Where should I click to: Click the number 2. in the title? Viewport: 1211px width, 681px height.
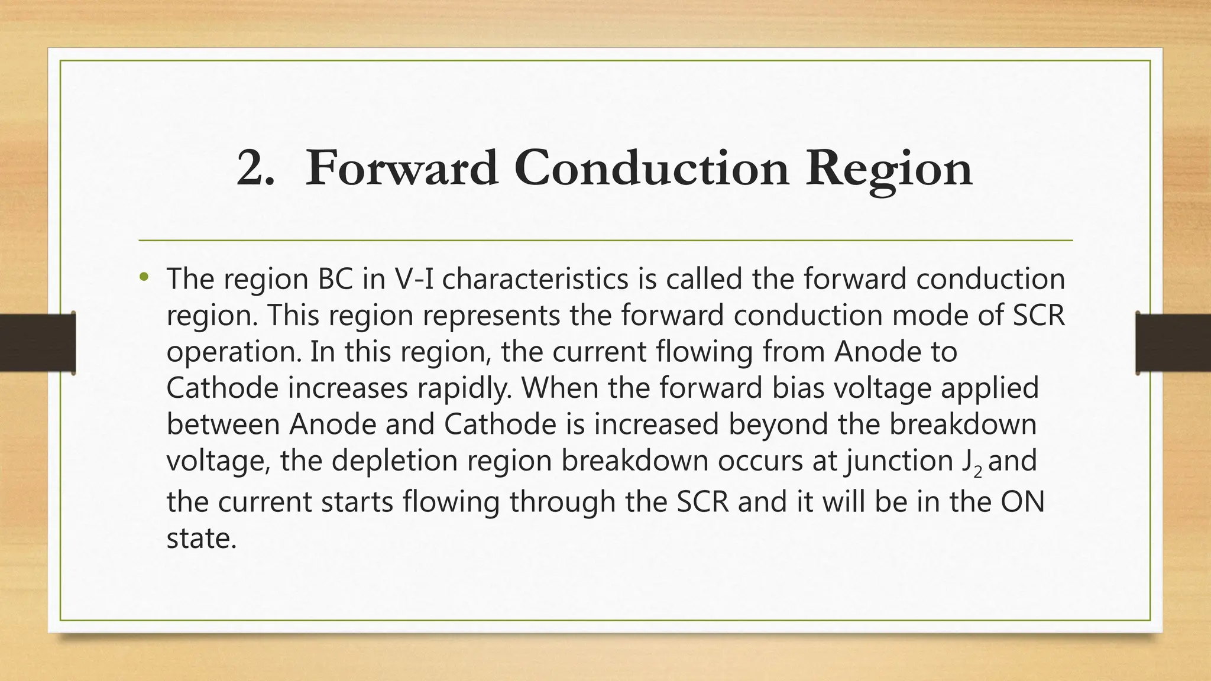coord(255,168)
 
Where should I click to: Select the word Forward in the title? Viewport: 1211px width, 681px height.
coord(401,168)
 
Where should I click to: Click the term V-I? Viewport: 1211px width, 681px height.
coord(413,278)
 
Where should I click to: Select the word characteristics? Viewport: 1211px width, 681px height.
coord(535,278)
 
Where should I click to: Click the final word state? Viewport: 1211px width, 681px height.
coord(201,539)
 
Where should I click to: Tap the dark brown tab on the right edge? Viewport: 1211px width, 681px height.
coord(1173,343)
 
